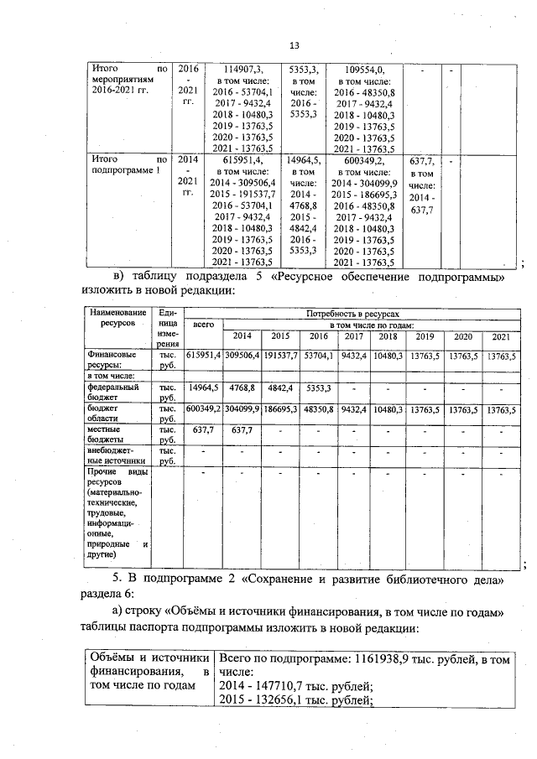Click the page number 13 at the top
(x=294, y=45)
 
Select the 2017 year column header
(x=353, y=336)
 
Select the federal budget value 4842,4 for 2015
(x=281, y=389)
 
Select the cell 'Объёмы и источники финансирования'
(x=148, y=673)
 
